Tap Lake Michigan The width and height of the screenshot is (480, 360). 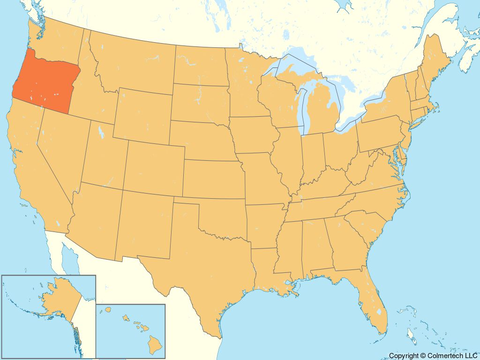click(x=303, y=108)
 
